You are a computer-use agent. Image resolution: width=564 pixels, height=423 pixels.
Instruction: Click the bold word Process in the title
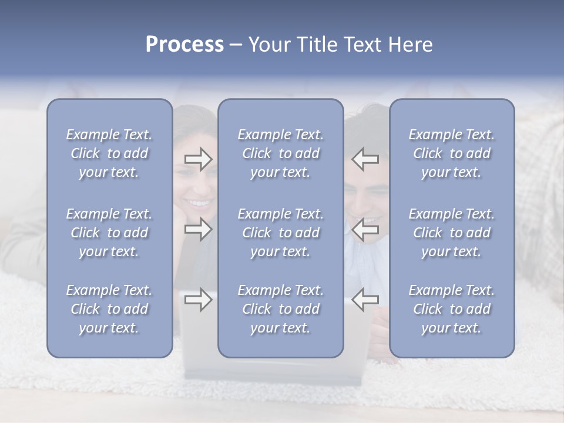pyautogui.click(x=184, y=45)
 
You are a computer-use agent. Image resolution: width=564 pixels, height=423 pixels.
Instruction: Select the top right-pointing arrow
pyautogui.click(x=198, y=159)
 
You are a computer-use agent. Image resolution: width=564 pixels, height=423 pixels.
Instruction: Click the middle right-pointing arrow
pyautogui.click(x=198, y=229)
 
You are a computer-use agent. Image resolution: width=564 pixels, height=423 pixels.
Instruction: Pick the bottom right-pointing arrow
pyautogui.click(x=198, y=300)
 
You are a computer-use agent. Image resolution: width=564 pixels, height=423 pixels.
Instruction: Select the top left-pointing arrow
pyautogui.click(x=365, y=159)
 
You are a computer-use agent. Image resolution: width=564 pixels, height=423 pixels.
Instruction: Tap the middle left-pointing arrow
pyautogui.click(x=365, y=229)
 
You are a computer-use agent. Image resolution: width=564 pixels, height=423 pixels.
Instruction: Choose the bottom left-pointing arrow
pyautogui.click(x=365, y=300)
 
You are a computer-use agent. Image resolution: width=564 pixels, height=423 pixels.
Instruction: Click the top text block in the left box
pyautogui.click(x=109, y=153)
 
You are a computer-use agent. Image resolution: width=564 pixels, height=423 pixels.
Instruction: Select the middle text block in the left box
pyautogui.click(x=109, y=233)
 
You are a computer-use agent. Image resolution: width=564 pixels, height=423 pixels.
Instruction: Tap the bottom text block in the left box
pyautogui.click(x=109, y=309)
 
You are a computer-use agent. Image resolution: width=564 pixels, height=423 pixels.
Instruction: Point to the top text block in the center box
pyautogui.click(x=281, y=153)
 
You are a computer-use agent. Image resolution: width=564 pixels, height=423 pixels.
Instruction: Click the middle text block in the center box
pyautogui.click(x=281, y=233)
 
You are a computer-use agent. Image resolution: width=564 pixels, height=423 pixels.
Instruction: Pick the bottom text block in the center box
pyautogui.click(x=281, y=309)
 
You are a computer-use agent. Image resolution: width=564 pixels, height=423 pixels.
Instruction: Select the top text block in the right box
pyautogui.click(x=452, y=153)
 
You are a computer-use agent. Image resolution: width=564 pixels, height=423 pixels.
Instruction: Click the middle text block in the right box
pyautogui.click(x=452, y=233)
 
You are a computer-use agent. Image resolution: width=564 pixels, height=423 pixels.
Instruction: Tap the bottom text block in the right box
pyautogui.click(x=452, y=309)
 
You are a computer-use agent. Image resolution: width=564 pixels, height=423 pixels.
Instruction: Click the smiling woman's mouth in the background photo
pyautogui.click(x=200, y=203)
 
